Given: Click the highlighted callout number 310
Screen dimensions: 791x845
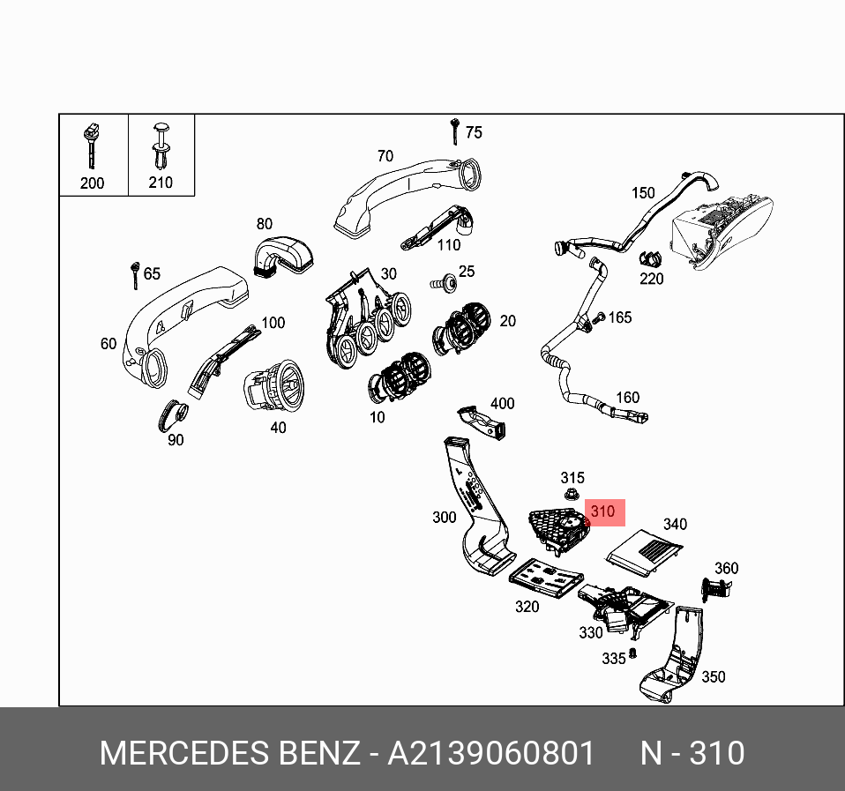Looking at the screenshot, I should pyautogui.click(x=602, y=511).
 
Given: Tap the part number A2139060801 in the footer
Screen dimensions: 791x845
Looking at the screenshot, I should pyautogui.click(x=493, y=754).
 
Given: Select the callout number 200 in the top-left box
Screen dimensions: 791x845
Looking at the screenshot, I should pyautogui.click(x=92, y=183).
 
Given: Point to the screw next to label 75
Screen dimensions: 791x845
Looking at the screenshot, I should pyautogui.click(x=453, y=131).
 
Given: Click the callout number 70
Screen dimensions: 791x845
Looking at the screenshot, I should pyautogui.click(x=385, y=156).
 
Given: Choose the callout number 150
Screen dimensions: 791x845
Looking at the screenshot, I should pyautogui.click(x=643, y=193).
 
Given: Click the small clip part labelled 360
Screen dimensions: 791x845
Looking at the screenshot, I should pyautogui.click(x=714, y=588).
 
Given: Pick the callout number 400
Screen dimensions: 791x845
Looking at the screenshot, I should pyautogui.click(x=502, y=404).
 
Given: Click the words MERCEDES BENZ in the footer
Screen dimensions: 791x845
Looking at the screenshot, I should pyautogui.click(x=229, y=754).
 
